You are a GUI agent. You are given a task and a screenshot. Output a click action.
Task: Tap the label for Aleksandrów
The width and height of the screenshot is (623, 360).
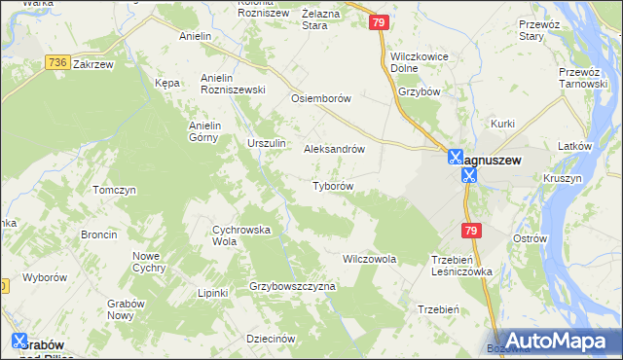[334, 150]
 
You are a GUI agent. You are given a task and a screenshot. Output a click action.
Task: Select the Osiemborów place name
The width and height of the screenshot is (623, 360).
[320, 99]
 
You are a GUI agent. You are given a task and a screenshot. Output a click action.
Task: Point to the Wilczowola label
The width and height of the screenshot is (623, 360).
[369, 260]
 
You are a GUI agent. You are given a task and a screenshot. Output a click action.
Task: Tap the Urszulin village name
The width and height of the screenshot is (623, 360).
[266, 143]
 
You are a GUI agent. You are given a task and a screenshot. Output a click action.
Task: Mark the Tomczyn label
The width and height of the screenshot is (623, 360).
[113, 190]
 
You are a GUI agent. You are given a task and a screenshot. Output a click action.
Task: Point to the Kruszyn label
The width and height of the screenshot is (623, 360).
[564, 179]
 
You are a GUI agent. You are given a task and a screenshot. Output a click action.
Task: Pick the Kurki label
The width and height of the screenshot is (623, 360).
[502, 124]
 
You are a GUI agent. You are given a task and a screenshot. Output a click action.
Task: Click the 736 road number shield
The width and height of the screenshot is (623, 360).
[56, 61]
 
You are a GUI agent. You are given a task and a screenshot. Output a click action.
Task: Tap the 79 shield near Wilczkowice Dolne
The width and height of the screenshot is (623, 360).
[380, 22]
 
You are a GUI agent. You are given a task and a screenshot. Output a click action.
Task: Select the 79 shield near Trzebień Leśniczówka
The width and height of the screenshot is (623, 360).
[471, 231]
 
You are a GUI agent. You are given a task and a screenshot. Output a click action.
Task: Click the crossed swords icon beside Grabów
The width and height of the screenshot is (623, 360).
[19, 341]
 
